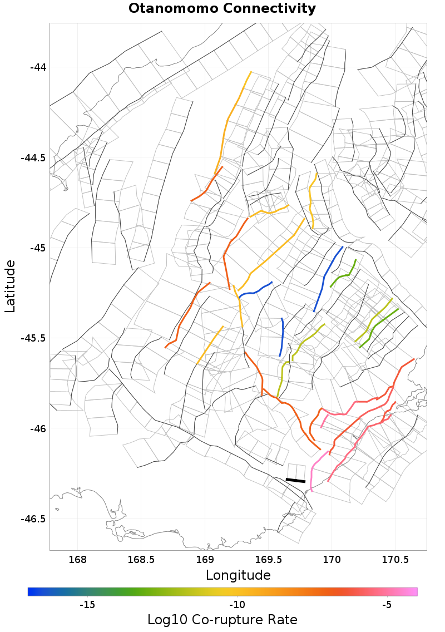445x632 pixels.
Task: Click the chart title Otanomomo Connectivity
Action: [x=222, y=9]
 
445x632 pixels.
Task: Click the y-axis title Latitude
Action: [x=10, y=285]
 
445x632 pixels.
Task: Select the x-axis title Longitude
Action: [x=238, y=575]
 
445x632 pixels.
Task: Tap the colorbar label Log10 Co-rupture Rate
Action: [x=222, y=619]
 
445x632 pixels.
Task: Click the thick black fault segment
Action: [x=295, y=480]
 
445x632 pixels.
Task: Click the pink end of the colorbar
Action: [x=413, y=591]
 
